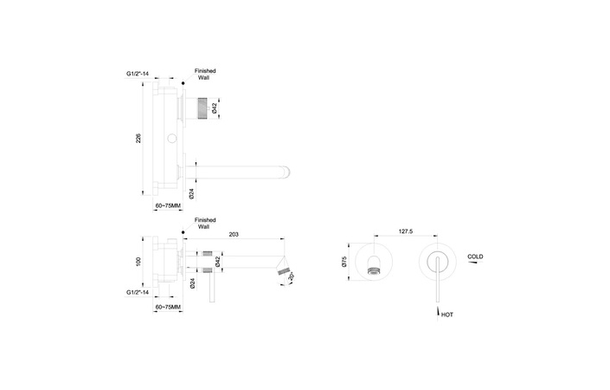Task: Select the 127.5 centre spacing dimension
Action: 406,231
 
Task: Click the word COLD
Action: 476,257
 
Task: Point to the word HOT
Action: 447,315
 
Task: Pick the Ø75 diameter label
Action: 343,263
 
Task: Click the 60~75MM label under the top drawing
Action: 168,205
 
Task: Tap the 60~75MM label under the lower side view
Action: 168,307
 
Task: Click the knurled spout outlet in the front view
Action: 374,273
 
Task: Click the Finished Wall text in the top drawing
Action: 206,73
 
